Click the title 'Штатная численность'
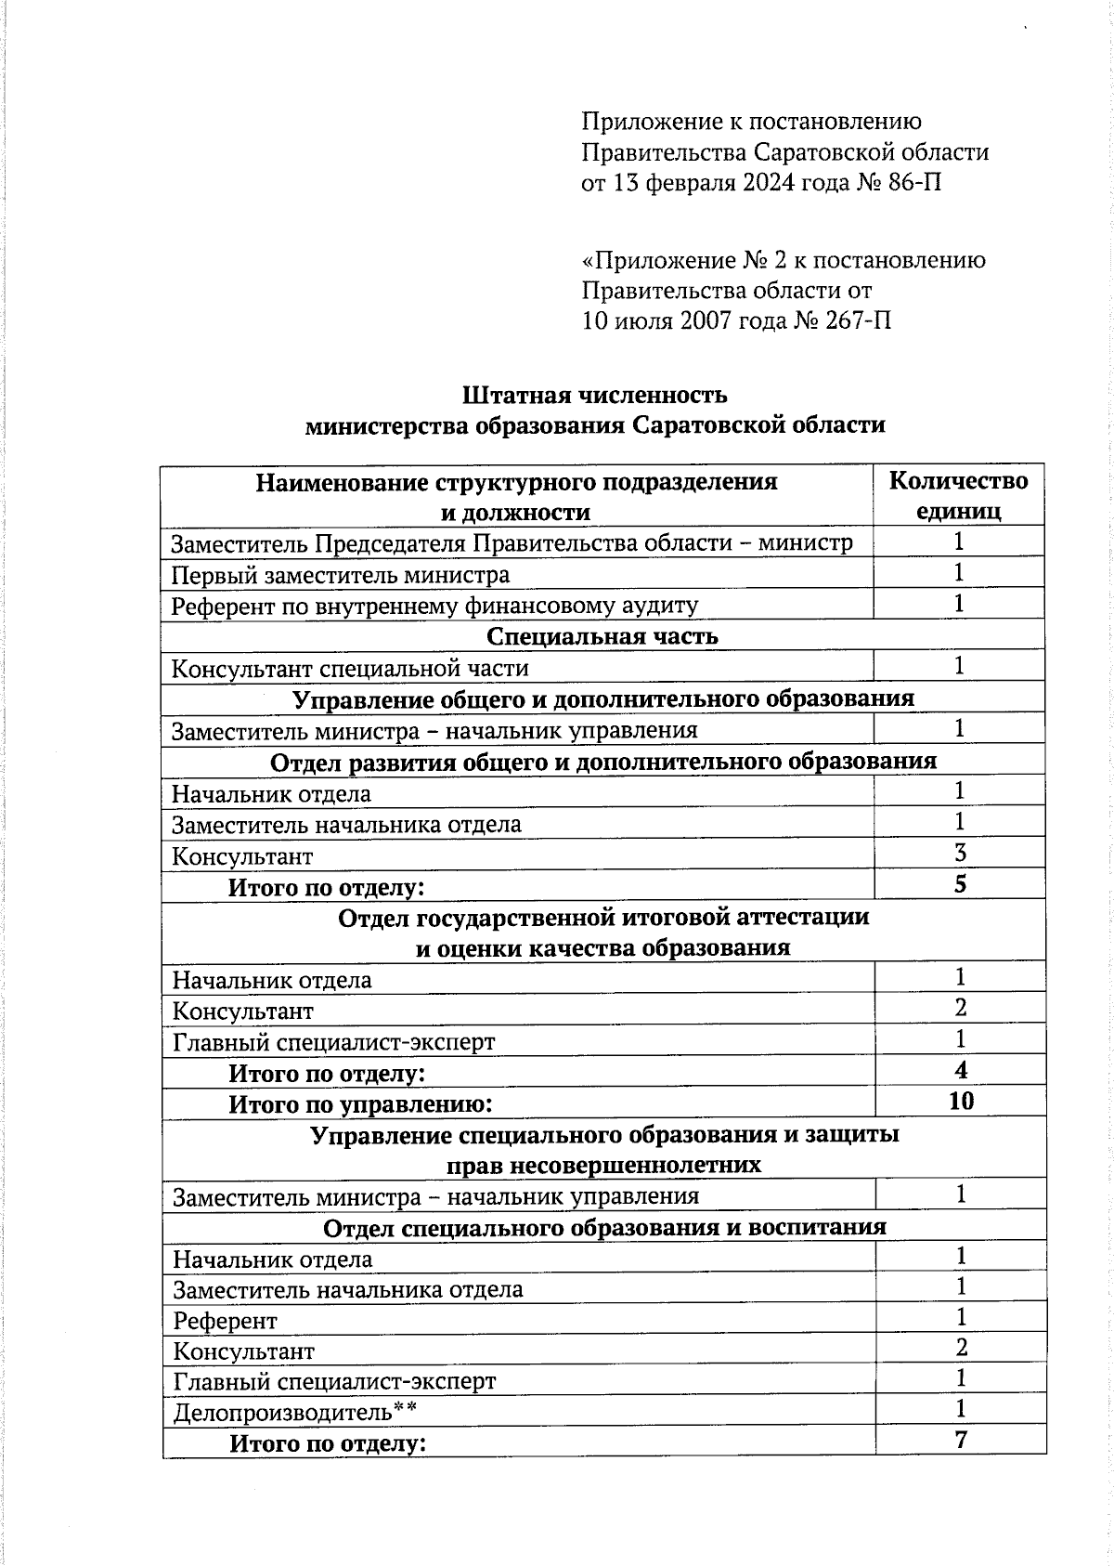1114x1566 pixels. (x=594, y=395)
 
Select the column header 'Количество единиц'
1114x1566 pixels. (x=958, y=496)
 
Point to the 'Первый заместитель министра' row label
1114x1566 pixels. (x=341, y=575)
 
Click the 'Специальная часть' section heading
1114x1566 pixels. (x=602, y=636)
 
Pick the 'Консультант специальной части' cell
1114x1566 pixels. (x=350, y=669)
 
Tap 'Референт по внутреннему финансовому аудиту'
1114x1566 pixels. (x=434, y=607)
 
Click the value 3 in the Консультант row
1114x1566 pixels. (x=960, y=853)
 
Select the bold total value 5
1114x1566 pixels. (x=960, y=884)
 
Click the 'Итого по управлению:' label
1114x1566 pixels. (x=360, y=1104)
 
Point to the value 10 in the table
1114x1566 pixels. (x=961, y=1102)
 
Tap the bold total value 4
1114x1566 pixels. (x=961, y=1070)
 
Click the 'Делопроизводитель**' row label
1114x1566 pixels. (x=294, y=1413)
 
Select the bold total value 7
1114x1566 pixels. (x=961, y=1440)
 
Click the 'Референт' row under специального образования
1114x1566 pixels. (x=226, y=1321)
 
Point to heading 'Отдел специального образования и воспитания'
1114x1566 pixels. (x=604, y=1228)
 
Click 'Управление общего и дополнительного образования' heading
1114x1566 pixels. (x=603, y=698)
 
